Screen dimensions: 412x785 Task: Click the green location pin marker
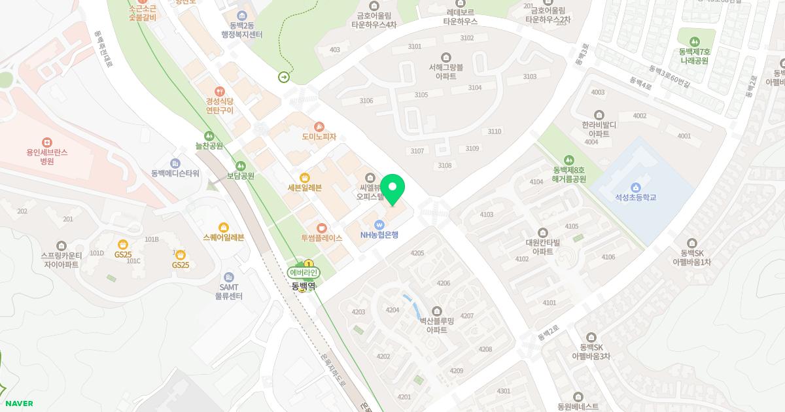tap(392, 190)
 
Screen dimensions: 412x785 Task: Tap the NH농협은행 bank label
tap(379, 235)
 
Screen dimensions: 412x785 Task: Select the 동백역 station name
tap(304, 286)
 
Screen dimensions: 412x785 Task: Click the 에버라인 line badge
tap(303, 273)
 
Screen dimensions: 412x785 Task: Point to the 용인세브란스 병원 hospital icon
tap(46, 143)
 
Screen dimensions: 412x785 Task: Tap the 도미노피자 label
tap(319, 137)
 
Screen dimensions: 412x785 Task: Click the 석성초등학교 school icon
tap(635, 188)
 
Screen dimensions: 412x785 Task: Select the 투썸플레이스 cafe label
tap(321, 238)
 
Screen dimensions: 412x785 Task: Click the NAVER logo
tap(18, 403)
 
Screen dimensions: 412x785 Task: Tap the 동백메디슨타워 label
tap(175, 173)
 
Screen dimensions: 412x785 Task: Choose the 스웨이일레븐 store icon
tap(224, 228)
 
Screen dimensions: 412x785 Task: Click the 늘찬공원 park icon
tap(209, 136)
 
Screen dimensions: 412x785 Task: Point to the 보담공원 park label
tap(240, 176)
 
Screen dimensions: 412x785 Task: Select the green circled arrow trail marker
tap(284, 77)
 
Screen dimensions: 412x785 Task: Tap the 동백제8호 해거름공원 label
tap(568, 174)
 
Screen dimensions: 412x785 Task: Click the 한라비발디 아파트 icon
tap(599, 115)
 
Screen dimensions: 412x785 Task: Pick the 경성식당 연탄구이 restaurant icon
tap(220, 92)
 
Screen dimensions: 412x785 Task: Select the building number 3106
tap(366, 101)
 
